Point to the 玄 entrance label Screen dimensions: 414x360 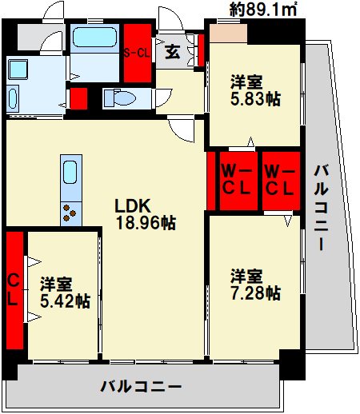point(173,54)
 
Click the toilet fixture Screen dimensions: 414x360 point(120,98)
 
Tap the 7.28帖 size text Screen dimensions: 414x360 point(255,293)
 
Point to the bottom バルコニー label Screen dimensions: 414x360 point(141,387)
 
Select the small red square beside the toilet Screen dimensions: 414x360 point(78,99)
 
